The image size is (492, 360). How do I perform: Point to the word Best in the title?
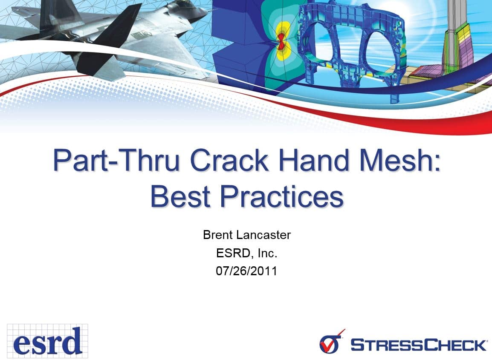(180, 197)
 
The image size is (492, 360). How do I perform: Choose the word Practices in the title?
(282, 197)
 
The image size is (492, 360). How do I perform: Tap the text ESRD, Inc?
(246, 253)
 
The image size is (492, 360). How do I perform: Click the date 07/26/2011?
(246, 271)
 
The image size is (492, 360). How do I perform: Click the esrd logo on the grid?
(47, 340)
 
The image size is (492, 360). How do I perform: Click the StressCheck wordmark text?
(418, 344)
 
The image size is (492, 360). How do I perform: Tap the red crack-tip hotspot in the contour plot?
(282, 43)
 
